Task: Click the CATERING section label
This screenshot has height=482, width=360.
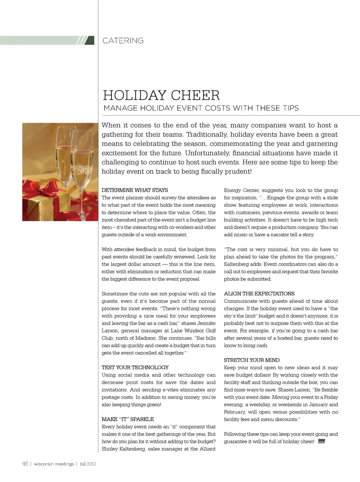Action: [x=123, y=41]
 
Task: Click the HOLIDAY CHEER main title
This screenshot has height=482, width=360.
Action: [x=161, y=95]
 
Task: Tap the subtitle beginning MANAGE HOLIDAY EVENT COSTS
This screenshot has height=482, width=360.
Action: [x=201, y=108]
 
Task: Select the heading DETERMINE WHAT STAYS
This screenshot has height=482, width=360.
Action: [x=135, y=190]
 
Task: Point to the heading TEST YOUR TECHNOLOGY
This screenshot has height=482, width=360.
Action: [x=135, y=368]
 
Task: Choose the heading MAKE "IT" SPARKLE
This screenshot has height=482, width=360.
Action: [x=127, y=419]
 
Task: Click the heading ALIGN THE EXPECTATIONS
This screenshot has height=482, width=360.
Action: [x=259, y=294]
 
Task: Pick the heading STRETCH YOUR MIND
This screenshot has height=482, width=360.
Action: [x=252, y=360]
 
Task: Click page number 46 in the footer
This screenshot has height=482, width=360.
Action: [x=25, y=464]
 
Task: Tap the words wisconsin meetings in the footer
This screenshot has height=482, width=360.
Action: [x=54, y=464]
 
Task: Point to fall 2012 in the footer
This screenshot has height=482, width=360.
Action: [x=88, y=464]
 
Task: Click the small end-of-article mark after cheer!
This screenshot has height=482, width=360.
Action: [x=321, y=442]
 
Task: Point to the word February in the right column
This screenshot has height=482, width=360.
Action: [x=235, y=412]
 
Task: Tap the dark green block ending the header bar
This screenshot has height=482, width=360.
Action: [x=90, y=41]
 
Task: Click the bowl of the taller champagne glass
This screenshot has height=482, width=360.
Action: [x=64, y=150]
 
